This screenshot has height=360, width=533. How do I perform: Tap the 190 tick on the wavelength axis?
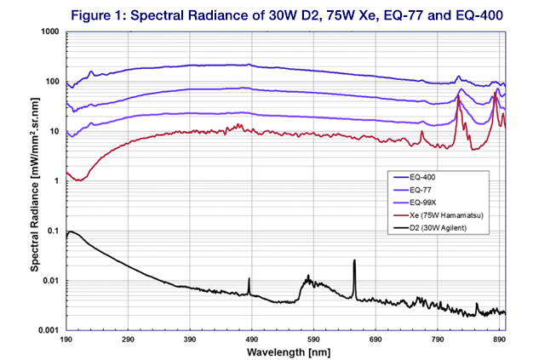66,340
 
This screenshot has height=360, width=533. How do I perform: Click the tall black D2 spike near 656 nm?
354,262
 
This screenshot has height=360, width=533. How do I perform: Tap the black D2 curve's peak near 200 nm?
72,231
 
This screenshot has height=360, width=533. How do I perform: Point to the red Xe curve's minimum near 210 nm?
78,180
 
